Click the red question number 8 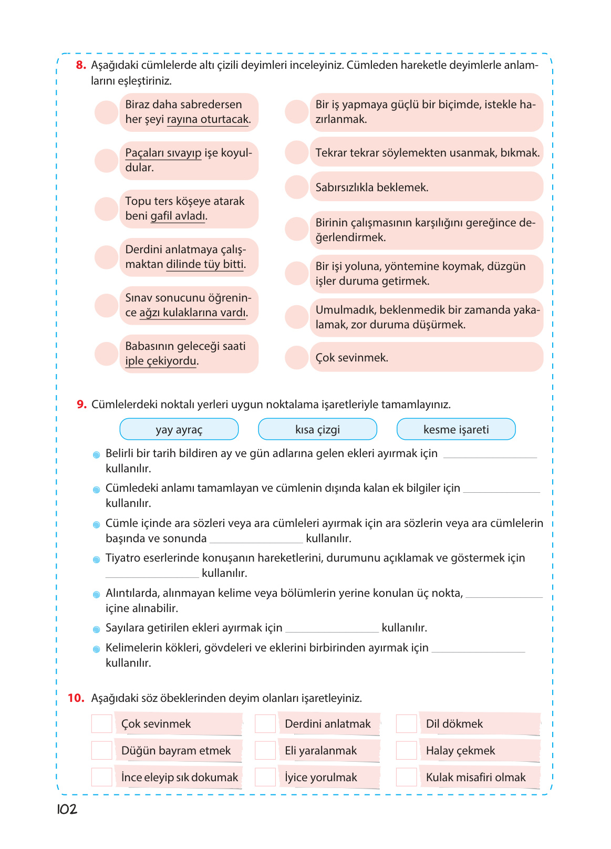pos(80,65)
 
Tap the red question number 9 pos(81,405)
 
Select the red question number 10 pos(76,698)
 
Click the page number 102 pos(67,810)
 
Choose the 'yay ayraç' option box pos(179,429)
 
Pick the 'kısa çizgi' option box pos(317,429)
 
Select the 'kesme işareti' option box pos(456,429)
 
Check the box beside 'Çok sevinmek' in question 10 pos(102,723)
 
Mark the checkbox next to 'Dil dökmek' pos(406,723)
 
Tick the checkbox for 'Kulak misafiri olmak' pos(406,777)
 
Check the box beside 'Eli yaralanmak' pos(265,750)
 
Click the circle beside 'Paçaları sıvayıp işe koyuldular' pos(106,160)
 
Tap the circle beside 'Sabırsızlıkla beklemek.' pos(296,187)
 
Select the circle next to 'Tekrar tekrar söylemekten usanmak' pos(296,152)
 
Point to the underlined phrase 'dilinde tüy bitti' pos(205,265)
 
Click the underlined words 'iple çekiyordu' pos(161,361)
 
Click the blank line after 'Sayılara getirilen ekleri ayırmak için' pos(332,628)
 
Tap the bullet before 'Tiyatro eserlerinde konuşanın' pos(96,560)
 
